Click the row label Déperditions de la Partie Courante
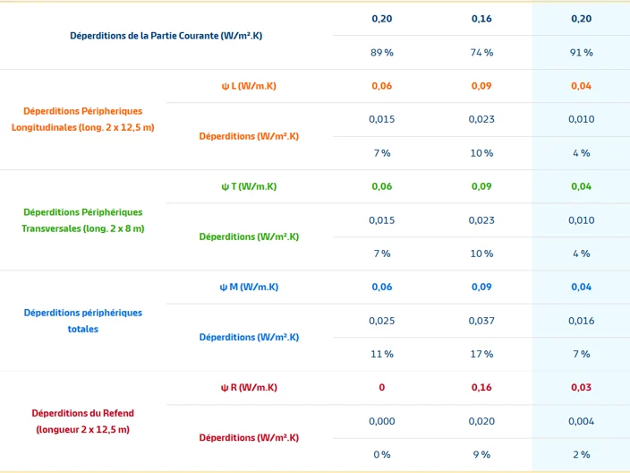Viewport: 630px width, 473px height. [x=166, y=36]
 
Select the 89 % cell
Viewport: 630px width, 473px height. [x=382, y=53]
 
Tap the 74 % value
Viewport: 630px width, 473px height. [x=481, y=53]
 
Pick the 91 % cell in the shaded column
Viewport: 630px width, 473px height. [x=581, y=53]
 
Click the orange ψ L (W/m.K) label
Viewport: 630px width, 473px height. [x=249, y=86]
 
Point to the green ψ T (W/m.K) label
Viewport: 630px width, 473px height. [x=249, y=186]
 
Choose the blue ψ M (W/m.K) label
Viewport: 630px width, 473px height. [x=249, y=288]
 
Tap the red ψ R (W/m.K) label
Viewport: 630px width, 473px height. [x=249, y=388]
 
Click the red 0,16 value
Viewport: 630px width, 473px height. [x=481, y=387]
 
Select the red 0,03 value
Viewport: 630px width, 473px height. [x=581, y=387]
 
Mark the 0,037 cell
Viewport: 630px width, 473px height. [x=481, y=321]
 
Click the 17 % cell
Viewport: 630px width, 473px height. [x=481, y=355]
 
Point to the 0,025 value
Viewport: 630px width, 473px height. [x=382, y=321]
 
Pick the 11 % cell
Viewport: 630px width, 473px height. [x=382, y=355]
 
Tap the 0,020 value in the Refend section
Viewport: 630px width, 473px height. [x=481, y=422]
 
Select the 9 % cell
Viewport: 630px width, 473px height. [x=481, y=455]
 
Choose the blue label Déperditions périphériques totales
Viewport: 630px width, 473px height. [x=82, y=321]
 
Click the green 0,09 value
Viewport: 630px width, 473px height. [x=481, y=186]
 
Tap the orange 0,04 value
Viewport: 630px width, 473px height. [x=581, y=86]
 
